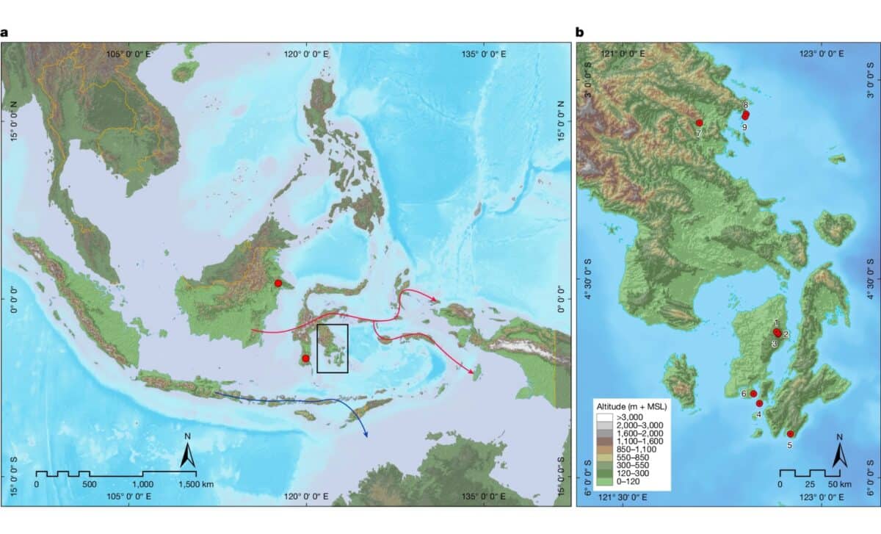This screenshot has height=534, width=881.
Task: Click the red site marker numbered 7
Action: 699,123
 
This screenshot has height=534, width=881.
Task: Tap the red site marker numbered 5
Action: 790,434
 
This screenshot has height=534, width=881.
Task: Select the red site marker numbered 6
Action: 753,394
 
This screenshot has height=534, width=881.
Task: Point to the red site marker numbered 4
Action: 759,403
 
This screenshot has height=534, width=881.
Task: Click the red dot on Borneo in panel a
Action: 278,284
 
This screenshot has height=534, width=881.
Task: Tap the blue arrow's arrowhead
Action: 365,435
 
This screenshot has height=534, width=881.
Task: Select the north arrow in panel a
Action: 188,455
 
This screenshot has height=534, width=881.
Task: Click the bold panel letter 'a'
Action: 4,32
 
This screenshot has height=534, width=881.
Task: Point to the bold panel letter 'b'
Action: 580,32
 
